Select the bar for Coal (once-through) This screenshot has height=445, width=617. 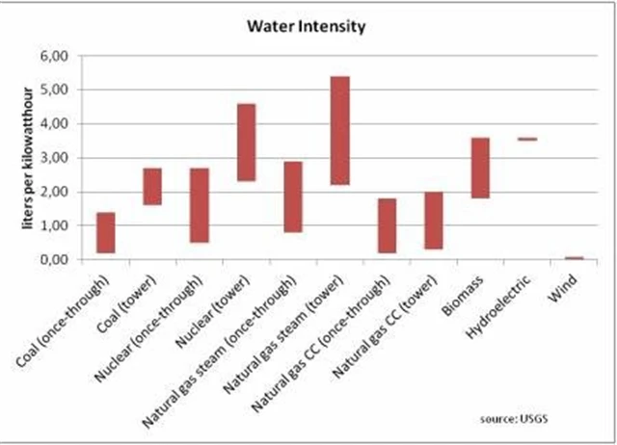106,232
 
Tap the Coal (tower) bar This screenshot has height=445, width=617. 152,186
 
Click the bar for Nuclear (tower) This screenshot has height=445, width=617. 246,142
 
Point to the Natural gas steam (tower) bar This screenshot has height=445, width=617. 339,130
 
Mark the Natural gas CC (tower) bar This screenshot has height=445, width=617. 433,220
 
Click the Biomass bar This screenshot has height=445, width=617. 480,168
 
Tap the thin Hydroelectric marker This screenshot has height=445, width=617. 526,140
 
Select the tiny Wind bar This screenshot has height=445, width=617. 574,257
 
